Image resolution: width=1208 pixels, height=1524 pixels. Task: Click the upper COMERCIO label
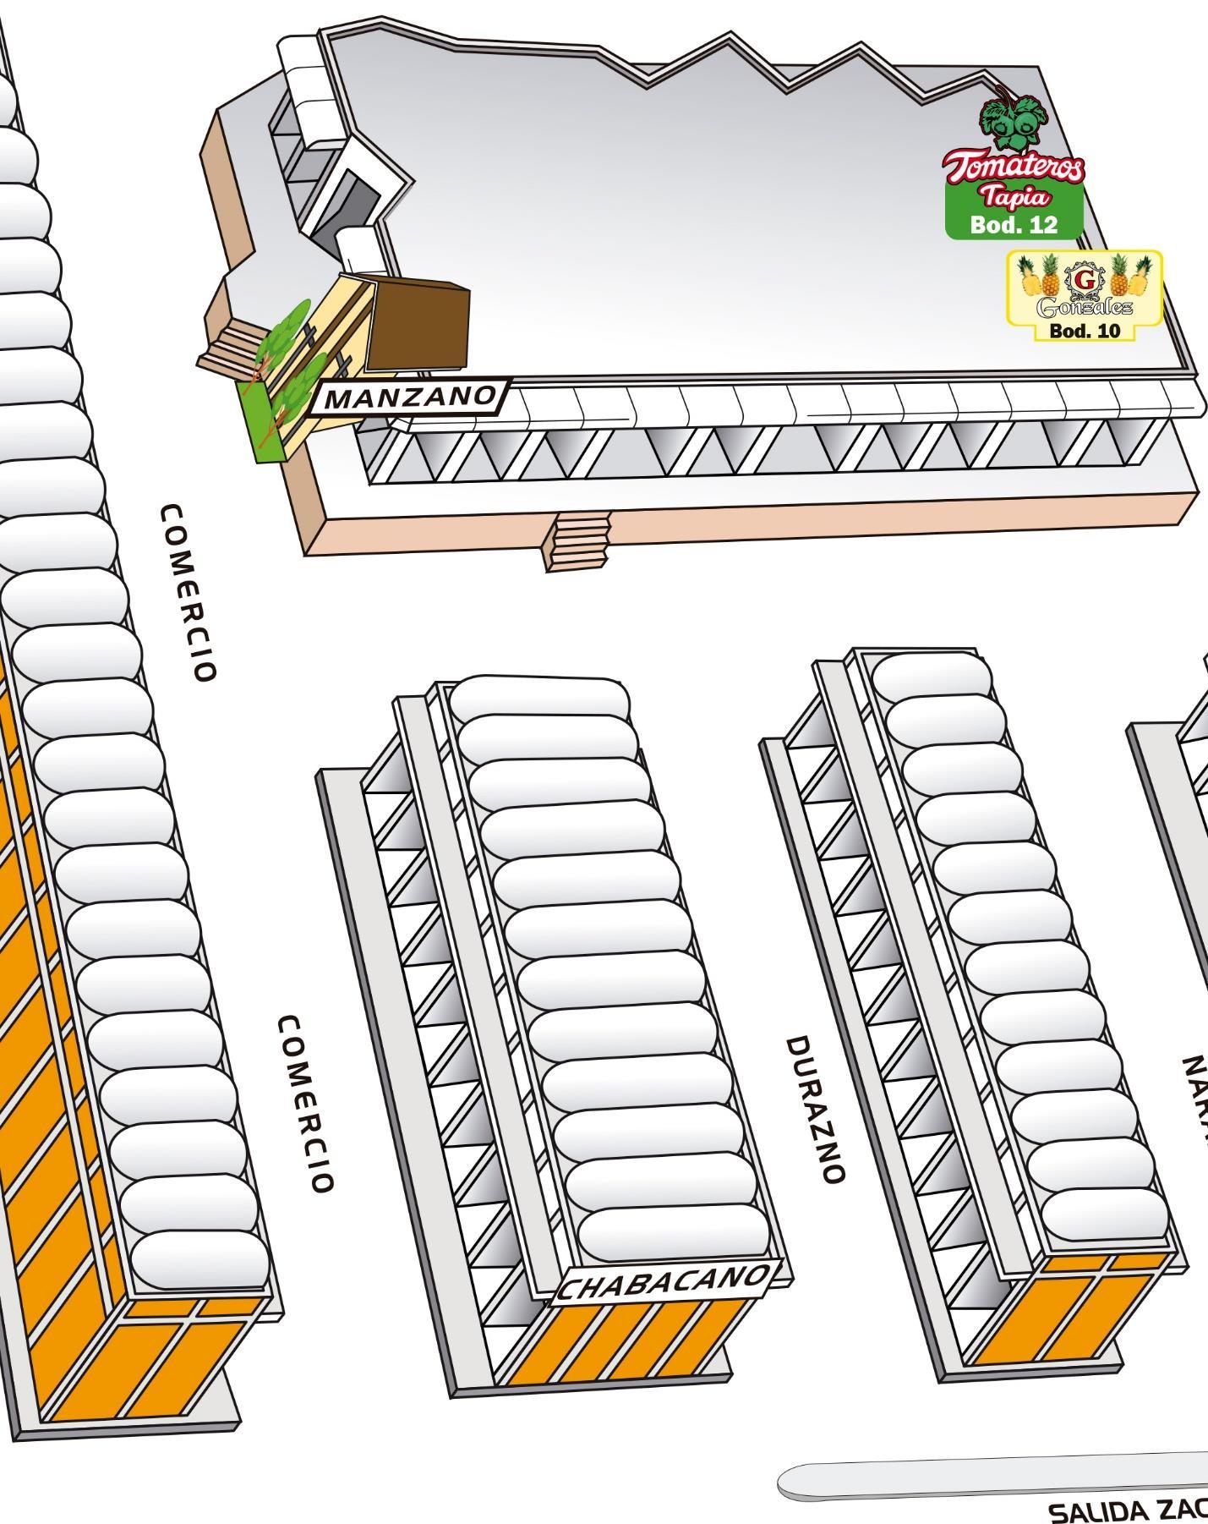click(188, 592)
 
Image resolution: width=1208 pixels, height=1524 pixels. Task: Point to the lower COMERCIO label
click(305, 1104)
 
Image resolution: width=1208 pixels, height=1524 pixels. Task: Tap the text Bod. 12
click(1014, 224)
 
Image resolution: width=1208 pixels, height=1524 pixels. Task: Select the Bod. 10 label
click(1084, 331)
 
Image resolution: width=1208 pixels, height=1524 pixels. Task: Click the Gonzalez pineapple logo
click(1085, 288)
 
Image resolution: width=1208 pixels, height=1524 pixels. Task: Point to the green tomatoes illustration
click(1013, 118)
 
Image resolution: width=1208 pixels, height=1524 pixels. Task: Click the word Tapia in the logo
click(1014, 197)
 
